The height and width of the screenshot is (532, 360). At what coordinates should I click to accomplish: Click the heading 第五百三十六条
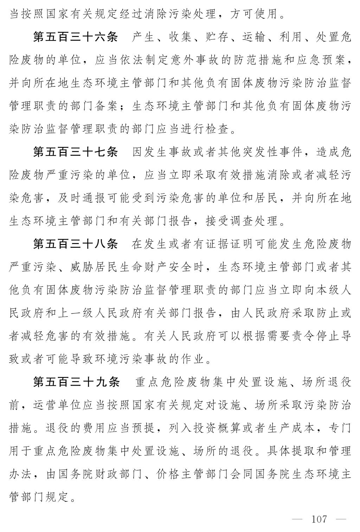tap(75, 37)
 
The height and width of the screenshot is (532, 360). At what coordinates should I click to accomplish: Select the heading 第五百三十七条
tap(75, 152)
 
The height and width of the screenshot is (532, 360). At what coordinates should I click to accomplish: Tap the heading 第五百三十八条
tap(75, 244)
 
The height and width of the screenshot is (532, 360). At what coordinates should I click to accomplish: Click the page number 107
tap(319, 519)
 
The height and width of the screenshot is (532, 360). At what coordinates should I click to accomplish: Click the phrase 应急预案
tap(327, 60)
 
